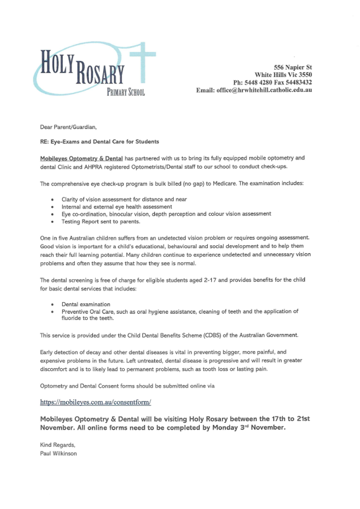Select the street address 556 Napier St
coord(293,67)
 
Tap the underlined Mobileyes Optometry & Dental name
coord(81,158)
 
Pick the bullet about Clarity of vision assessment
coord(124,199)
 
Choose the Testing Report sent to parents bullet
coord(101,221)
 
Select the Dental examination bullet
coord(86,304)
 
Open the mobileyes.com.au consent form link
coord(95,402)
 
